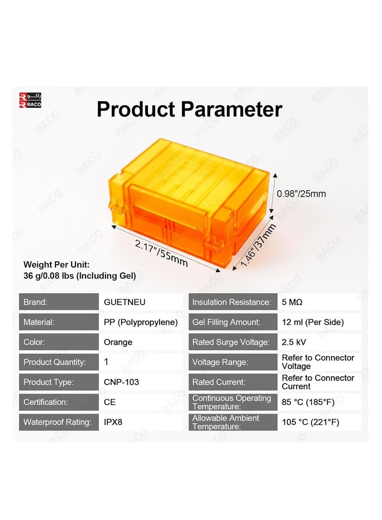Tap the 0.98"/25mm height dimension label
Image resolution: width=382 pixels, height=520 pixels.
click(x=301, y=194)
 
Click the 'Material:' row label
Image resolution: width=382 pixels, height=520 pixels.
click(x=39, y=322)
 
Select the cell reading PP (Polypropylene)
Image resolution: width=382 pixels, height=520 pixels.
click(x=140, y=322)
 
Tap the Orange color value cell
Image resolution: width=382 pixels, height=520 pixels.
click(x=118, y=342)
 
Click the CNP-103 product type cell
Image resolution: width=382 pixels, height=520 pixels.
click(x=121, y=382)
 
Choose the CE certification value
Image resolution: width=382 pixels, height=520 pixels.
click(x=110, y=402)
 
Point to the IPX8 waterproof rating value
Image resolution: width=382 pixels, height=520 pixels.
click(x=113, y=422)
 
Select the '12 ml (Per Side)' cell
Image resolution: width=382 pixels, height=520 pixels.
click(x=312, y=322)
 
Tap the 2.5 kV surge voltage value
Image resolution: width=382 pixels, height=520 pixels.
click(x=294, y=342)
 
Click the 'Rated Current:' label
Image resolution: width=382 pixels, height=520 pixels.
click(x=218, y=382)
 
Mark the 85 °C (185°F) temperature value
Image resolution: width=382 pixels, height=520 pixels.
click(x=308, y=402)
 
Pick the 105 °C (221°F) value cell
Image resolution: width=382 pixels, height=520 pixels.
click(x=310, y=422)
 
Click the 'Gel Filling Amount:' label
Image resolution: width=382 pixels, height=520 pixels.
click(x=226, y=322)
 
